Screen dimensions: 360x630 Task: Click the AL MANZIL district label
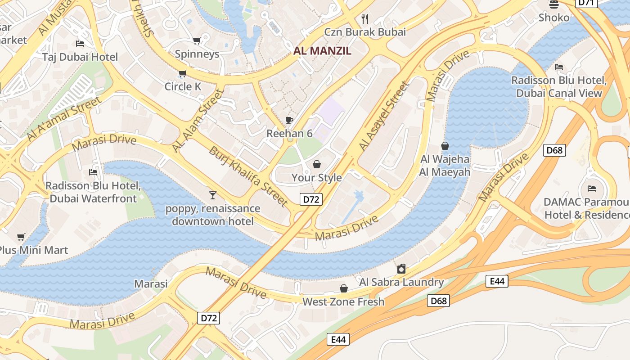tap(322, 51)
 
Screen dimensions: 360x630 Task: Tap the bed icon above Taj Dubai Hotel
tap(80, 44)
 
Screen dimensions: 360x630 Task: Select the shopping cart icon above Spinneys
tap(197, 41)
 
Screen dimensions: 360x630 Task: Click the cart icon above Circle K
tap(182, 73)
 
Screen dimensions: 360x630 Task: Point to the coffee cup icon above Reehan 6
tap(289, 120)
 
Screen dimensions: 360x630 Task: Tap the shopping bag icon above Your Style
tap(317, 164)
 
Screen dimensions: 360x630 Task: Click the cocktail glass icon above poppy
tap(213, 195)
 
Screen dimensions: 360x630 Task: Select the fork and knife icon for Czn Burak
tap(365, 18)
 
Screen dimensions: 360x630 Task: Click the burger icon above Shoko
tap(554, 4)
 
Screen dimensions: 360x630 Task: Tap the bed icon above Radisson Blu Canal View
tap(559, 67)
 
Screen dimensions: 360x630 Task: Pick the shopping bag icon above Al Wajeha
tap(445, 146)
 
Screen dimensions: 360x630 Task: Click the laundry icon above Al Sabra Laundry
tap(401, 269)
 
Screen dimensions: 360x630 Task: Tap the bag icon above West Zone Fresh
tap(343, 288)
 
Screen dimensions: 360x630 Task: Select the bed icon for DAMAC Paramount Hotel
tap(592, 188)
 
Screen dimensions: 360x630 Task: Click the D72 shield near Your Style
tap(311, 199)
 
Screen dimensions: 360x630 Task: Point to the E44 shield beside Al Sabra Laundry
tap(497, 281)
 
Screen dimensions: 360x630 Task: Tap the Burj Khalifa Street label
tap(248, 176)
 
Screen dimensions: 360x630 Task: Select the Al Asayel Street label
tap(384, 116)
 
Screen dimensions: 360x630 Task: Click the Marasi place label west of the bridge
tap(151, 284)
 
